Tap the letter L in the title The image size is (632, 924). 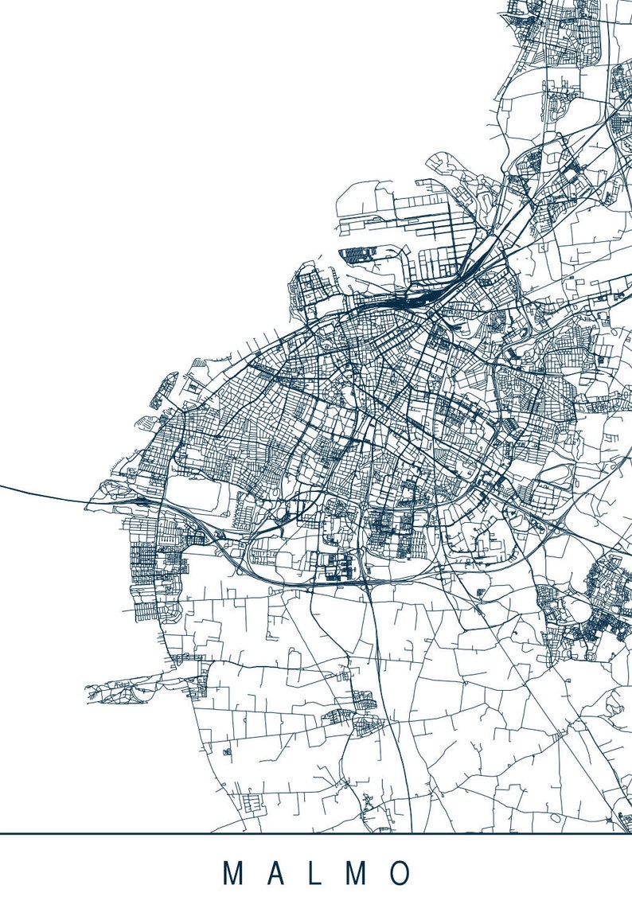coord(316,873)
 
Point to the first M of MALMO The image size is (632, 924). coord(233,873)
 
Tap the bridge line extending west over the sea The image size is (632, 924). coord(40,493)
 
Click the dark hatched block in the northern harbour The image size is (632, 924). coord(357,255)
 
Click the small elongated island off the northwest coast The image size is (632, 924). coord(164,390)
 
